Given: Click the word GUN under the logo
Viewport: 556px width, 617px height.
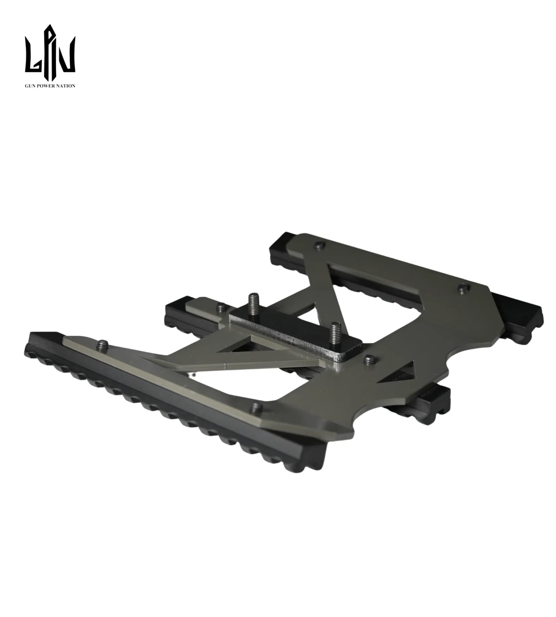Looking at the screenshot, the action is click(30, 85).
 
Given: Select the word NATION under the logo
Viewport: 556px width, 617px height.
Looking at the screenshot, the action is click(65, 85).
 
